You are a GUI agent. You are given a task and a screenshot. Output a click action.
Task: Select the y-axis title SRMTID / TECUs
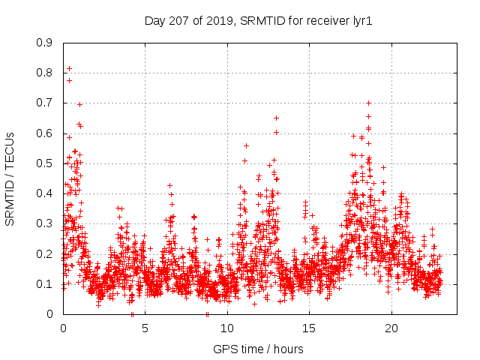point(10,178)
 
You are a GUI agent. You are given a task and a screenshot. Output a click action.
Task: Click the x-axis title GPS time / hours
point(258,349)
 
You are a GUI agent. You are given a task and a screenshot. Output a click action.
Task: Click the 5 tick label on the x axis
point(145,328)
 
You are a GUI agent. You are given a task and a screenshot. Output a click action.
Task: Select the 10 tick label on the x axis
point(227,328)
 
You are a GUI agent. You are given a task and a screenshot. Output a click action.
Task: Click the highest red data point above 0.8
point(69,68)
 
